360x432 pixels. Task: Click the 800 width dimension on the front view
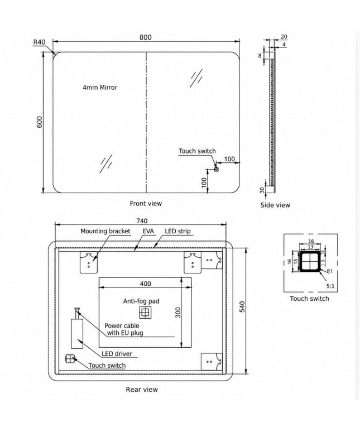pos(146,37)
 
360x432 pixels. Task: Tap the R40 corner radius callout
pos(39,42)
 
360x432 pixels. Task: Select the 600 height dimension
pos(40,122)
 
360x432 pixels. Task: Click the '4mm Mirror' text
pos(100,88)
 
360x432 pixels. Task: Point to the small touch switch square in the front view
pos(216,170)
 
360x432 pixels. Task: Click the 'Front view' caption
pos(146,204)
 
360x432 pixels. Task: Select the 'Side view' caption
pos(275,205)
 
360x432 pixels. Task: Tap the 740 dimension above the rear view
pos(142,221)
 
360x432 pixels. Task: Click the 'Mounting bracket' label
pos(105,231)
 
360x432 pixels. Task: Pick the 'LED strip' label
pos(177,231)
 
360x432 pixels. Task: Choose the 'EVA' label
pos(148,231)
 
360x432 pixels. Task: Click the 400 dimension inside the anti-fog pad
pos(146,284)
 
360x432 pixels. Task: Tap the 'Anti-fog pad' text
pos(141,301)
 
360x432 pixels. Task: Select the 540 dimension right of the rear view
pos(242,307)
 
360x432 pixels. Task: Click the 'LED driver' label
pos(117,354)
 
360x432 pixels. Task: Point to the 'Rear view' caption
pos(142,390)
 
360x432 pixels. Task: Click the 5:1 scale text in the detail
pos(330,286)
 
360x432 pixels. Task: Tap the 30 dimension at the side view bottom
pos(262,190)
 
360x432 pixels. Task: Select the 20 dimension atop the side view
pos(284,37)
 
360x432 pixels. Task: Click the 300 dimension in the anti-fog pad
pos(178,313)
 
